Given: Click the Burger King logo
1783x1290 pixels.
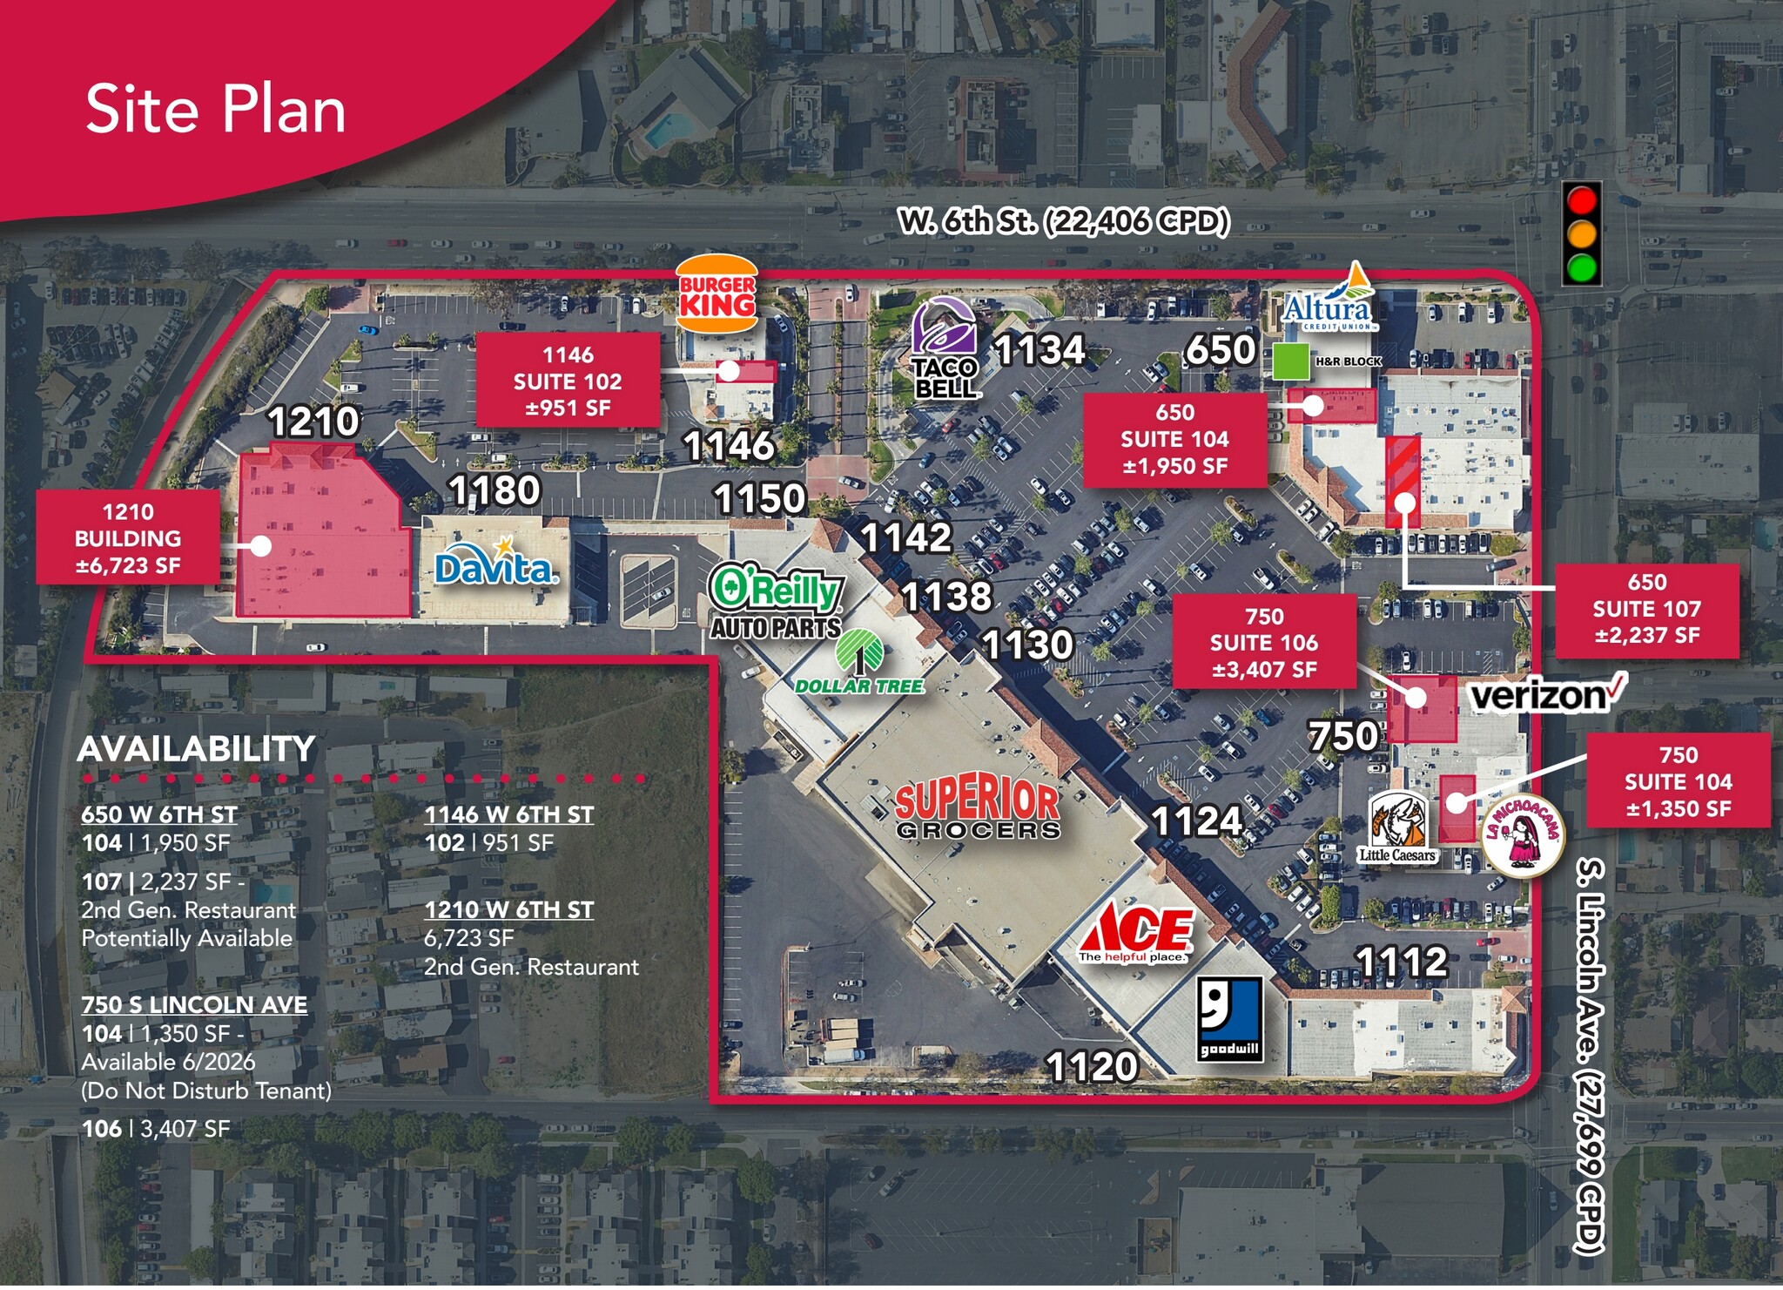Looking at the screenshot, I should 717,294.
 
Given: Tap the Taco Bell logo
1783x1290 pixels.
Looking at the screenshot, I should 945,348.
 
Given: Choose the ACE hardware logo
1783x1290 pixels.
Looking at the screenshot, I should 1136,932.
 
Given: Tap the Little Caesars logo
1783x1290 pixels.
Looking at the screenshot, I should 1396,827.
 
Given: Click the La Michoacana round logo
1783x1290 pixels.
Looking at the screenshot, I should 1523,835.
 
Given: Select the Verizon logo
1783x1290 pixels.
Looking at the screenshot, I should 1546,694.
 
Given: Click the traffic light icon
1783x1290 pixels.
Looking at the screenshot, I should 1582,233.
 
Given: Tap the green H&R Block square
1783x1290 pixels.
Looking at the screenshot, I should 1291,361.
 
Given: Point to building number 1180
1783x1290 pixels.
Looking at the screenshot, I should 495,490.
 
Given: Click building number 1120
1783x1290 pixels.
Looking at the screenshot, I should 1092,1067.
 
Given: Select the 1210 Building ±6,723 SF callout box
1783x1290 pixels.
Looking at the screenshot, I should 128,538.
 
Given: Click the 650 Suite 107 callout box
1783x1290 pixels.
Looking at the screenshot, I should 1646,609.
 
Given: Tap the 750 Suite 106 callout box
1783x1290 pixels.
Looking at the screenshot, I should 1263,643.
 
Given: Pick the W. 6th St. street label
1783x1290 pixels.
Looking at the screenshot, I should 1063,221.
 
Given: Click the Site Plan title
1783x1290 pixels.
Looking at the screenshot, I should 216,110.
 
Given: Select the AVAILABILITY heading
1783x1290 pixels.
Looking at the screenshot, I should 196,749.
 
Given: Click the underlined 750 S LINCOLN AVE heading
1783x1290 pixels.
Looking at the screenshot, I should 194,1004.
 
